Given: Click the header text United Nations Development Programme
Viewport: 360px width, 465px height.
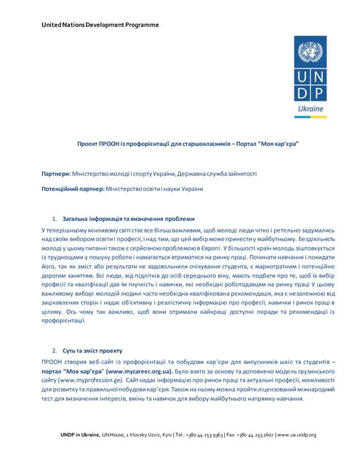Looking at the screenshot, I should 100,25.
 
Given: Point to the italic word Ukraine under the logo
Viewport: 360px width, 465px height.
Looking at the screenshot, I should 311,108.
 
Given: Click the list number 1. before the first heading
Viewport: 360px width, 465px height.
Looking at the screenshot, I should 55,219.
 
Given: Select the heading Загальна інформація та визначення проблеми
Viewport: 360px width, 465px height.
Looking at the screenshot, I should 128,219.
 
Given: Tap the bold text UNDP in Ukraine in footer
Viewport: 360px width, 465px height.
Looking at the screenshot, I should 80,434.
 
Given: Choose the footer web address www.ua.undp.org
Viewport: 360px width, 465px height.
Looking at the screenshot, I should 297,434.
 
